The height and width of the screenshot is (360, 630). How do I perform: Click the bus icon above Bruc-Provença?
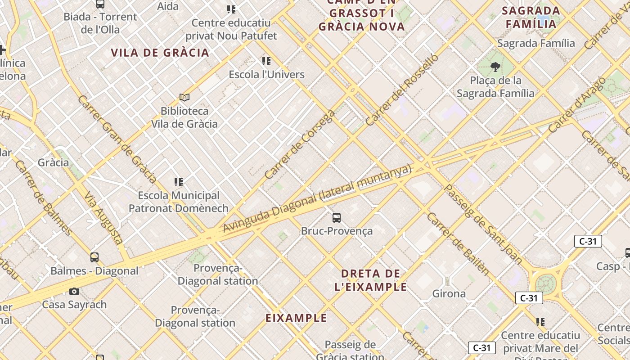click(x=336, y=218)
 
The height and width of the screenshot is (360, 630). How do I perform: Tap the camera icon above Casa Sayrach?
click(x=74, y=292)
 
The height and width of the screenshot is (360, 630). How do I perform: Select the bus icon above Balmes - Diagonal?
click(x=94, y=257)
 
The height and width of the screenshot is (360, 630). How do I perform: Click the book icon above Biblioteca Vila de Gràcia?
click(x=184, y=97)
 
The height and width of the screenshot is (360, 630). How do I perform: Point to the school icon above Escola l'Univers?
click(x=266, y=61)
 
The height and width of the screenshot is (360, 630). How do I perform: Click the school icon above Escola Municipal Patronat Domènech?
click(x=179, y=182)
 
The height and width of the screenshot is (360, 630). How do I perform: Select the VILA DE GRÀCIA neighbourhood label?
click(x=160, y=53)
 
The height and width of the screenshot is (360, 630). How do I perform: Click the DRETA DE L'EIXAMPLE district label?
click(x=371, y=280)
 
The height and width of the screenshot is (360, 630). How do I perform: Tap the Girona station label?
click(x=449, y=294)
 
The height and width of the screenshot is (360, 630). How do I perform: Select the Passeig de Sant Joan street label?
click(x=483, y=224)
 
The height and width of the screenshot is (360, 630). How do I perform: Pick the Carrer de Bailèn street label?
click(x=457, y=243)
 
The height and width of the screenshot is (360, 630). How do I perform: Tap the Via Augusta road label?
click(x=103, y=218)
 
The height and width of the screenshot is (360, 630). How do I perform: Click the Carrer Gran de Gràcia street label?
click(x=117, y=139)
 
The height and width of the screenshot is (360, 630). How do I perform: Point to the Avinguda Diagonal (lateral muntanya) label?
click(x=317, y=198)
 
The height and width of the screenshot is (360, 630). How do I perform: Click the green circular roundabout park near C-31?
click(x=545, y=283)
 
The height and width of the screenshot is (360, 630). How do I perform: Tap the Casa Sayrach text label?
click(x=74, y=305)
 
